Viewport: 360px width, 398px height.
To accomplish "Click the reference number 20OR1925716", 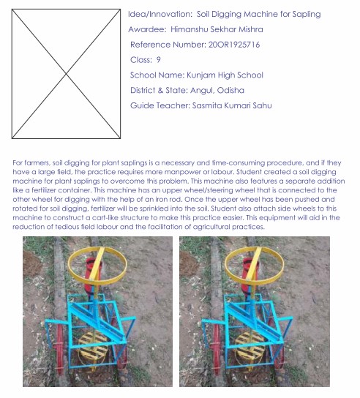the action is pyautogui.click(x=234, y=45).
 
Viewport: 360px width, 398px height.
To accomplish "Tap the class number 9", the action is pyautogui.click(x=159, y=60).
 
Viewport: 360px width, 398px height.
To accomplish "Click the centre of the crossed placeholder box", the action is pyautogui.click(x=66, y=74).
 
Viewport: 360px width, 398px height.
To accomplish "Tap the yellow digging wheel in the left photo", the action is pyautogui.click(x=93, y=347).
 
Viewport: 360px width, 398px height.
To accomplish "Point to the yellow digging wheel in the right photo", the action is pyautogui.click(x=250, y=347).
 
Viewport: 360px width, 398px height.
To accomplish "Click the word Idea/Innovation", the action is pyautogui.click(x=160, y=14).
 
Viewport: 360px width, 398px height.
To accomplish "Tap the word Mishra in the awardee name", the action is pyautogui.click(x=250, y=29).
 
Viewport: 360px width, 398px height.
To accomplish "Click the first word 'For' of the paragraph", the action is pyautogui.click(x=18, y=162).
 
